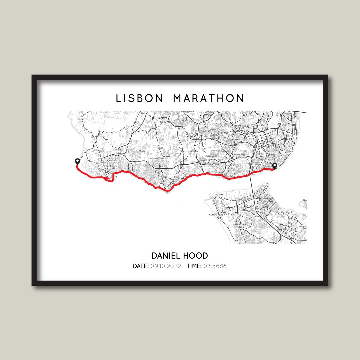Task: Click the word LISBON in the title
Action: (x=139, y=98)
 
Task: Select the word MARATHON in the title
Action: (x=209, y=98)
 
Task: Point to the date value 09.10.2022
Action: (x=166, y=266)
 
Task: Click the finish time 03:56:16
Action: (x=215, y=266)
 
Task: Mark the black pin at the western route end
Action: (x=78, y=162)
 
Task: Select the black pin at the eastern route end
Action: (x=275, y=166)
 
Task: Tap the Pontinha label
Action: (x=238, y=126)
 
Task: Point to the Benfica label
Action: (x=238, y=140)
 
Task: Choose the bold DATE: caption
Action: (x=141, y=266)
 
